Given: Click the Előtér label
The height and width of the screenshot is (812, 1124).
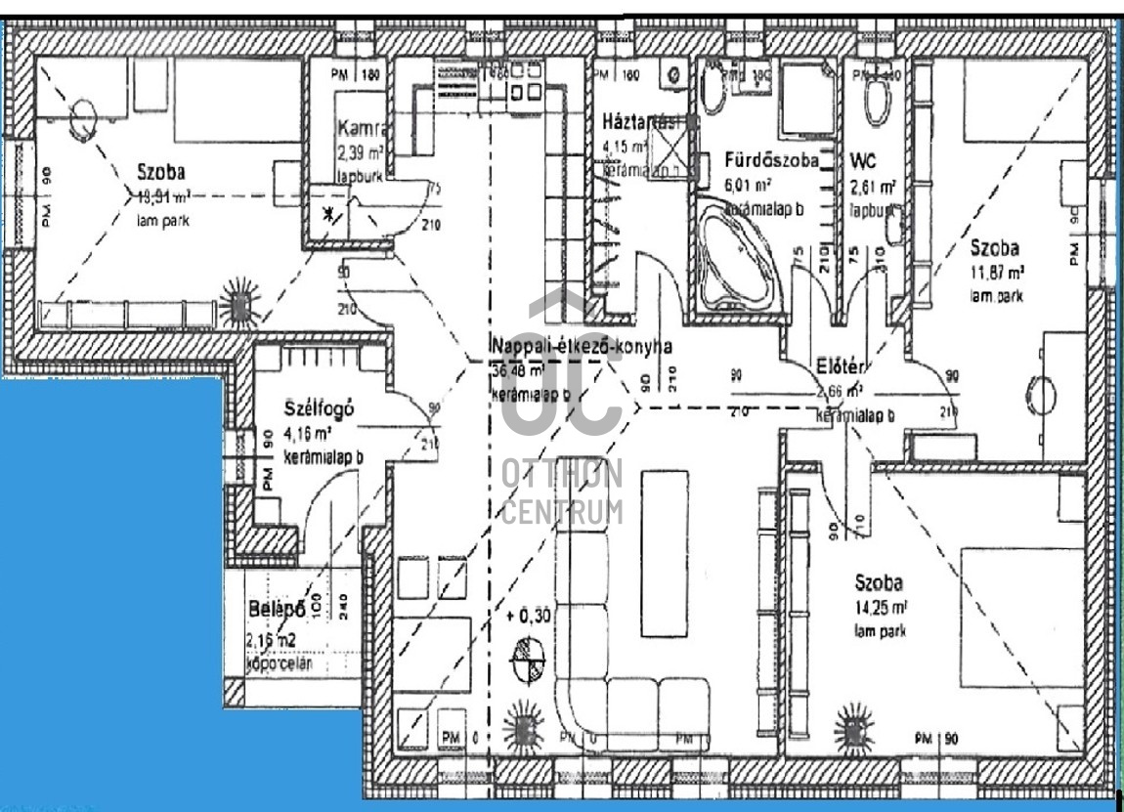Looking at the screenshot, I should coord(841,367).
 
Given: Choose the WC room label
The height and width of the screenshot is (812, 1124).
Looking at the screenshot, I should coord(863,159).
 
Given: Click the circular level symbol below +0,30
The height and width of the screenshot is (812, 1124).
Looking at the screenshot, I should coord(530,660).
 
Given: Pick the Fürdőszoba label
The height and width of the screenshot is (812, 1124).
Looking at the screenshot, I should coord(771,160).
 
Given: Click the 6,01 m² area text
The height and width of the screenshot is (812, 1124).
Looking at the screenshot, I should coord(749,185).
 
